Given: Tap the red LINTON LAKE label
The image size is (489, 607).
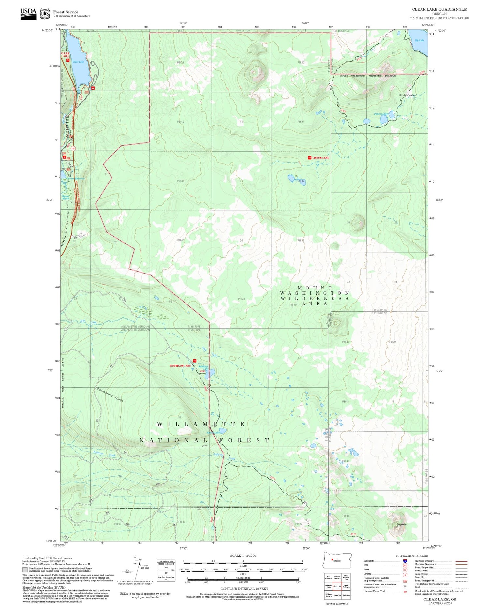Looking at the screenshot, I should pyautogui.click(x=320, y=158).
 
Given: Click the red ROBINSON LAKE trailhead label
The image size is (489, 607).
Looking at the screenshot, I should pyautogui.click(x=180, y=366).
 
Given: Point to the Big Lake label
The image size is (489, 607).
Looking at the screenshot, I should pyautogui.click(x=420, y=40).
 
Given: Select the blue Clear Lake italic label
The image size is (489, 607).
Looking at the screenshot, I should pyautogui.click(x=78, y=62).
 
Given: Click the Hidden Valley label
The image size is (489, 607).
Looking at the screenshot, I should pyautogui.click(x=407, y=95).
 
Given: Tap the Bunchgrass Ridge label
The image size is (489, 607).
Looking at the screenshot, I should pyautogui.click(x=110, y=394).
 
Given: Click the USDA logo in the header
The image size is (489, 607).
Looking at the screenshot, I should pyautogui.click(x=28, y=13).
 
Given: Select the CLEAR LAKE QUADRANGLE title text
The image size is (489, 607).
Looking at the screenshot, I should pyautogui.click(x=439, y=9).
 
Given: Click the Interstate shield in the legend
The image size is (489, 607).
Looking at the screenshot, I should pyautogui.click(x=405, y=561).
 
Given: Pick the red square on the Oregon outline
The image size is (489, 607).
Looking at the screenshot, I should pyautogui.click(x=332, y=560).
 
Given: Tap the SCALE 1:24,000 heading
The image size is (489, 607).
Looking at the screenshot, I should pyautogui.click(x=243, y=555).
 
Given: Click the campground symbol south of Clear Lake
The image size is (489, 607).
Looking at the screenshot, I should pyautogui.click(x=93, y=88).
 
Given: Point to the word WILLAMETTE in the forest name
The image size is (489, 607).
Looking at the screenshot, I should pyautogui.click(x=201, y=424).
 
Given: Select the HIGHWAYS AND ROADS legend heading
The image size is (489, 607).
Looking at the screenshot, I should pyautogui.click(x=412, y=556).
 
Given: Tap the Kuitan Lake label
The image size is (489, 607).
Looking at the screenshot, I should pyautogui.click(x=214, y=433).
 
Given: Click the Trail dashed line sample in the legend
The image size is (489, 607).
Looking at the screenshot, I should pyautogui.click(x=460, y=587).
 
